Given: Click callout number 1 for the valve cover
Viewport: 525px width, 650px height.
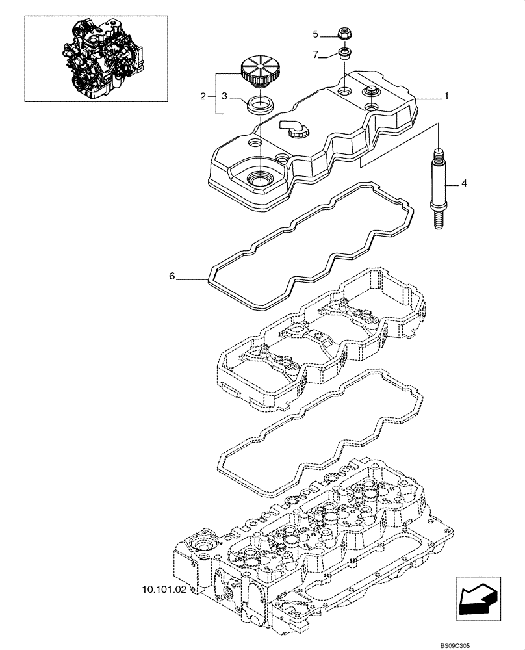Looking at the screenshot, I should [446, 96].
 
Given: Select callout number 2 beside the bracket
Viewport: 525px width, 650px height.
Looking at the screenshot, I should [203, 97].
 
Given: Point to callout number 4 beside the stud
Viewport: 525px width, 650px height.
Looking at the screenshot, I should [464, 184].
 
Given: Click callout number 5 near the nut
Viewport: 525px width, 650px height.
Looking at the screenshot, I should [316, 34].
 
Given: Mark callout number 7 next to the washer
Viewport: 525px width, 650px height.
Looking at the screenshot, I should [316, 55].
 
